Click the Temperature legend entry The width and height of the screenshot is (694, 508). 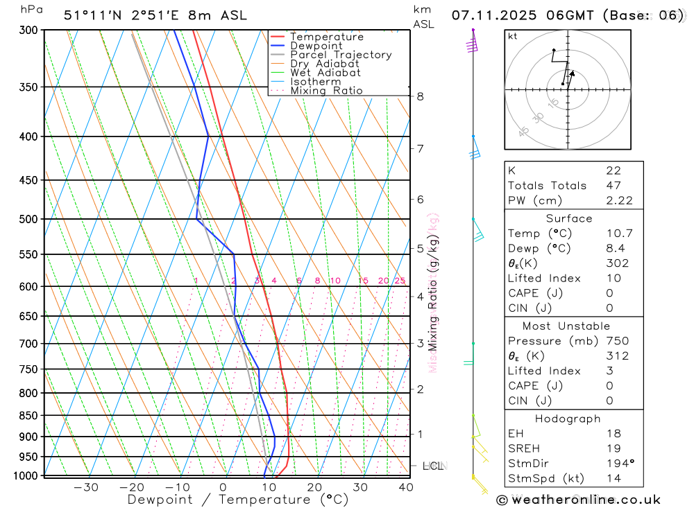click(x=326, y=37)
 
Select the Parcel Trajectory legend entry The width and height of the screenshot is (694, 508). click(x=341, y=55)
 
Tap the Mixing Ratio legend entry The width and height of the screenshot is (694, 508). click(x=326, y=91)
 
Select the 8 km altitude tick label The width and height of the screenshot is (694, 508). click(x=420, y=96)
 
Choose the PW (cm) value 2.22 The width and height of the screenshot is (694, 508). click(x=618, y=200)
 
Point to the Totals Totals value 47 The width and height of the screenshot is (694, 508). click(x=613, y=185)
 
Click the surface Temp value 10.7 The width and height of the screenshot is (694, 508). click(x=618, y=234)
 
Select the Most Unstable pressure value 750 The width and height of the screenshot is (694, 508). click(x=617, y=340)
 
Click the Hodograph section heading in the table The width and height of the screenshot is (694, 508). click(x=568, y=419)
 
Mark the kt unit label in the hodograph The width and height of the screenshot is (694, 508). click(x=512, y=36)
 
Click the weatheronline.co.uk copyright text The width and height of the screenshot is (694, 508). click(x=578, y=499)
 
